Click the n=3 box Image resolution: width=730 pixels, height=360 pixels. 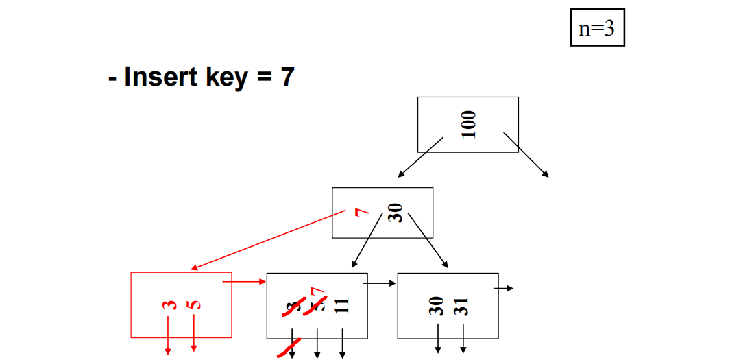[x=597, y=27]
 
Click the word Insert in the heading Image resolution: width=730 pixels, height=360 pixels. [x=162, y=77]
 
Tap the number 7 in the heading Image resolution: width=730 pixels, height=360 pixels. [x=287, y=77]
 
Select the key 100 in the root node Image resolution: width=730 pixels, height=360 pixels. [x=468, y=124]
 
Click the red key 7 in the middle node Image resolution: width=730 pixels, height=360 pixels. [x=358, y=213]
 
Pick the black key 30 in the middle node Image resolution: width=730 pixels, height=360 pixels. [x=396, y=213]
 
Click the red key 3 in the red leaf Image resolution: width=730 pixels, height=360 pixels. [x=167, y=305]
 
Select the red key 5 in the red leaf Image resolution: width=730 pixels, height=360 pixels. [x=194, y=305]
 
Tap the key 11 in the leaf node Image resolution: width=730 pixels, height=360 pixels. [x=343, y=304]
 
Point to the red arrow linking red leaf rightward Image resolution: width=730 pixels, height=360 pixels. [x=244, y=280]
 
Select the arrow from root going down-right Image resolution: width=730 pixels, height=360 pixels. [x=526, y=154]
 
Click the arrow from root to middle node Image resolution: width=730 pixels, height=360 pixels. [x=420, y=158]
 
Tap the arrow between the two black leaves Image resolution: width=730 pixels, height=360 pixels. [x=379, y=282]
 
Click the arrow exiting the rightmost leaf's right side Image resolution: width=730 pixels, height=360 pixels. [x=504, y=289]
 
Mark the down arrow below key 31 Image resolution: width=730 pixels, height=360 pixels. [x=463, y=339]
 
